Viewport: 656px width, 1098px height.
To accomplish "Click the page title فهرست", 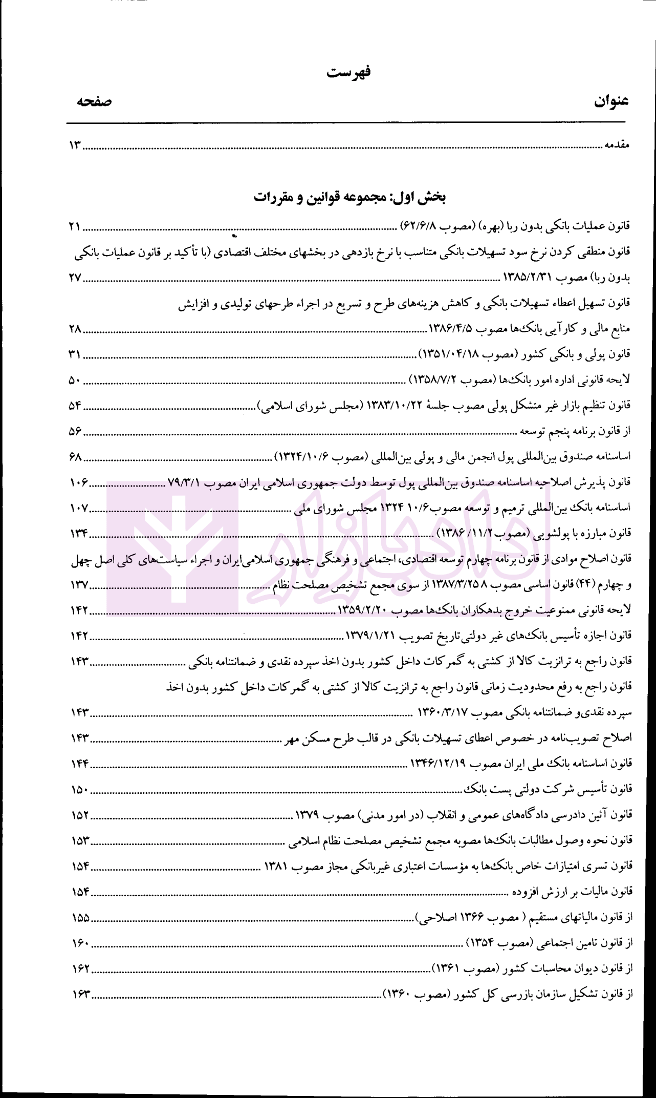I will [348, 72].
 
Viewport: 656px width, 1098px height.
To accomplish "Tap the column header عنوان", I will [611, 101].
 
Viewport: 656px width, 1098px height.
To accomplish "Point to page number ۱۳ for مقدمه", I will [75, 146].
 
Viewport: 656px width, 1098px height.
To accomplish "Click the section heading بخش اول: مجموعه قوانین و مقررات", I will [350, 197].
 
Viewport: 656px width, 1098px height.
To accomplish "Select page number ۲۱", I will [75, 226].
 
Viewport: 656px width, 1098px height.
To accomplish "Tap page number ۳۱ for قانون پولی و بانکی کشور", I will [75, 354].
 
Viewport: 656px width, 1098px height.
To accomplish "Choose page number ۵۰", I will [75, 381].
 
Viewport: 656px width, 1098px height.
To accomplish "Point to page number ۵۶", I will [75, 433].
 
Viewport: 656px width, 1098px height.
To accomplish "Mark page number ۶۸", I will [75, 456].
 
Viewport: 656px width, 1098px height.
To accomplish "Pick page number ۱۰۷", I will [79, 509].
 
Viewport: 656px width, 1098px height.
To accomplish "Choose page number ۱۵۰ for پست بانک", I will [79, 790].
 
